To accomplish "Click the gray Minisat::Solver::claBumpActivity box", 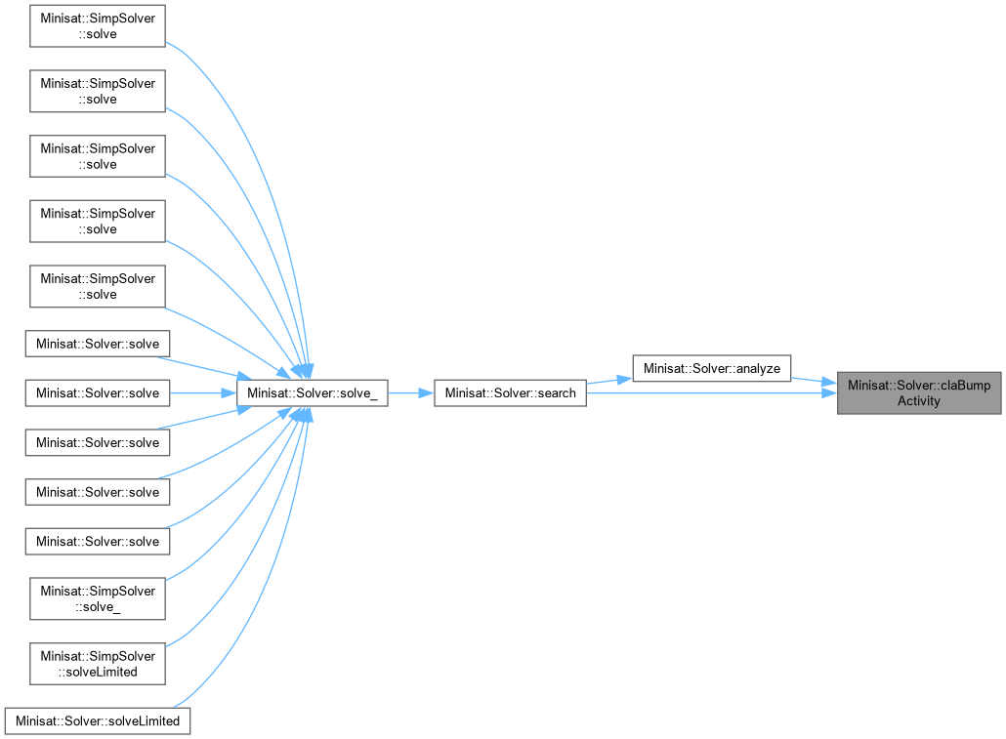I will (x=918, y=392).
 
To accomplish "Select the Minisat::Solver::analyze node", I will (x=711, y=368).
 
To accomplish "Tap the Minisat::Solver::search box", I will (x=510, y=392).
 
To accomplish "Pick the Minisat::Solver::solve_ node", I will (x=312, y=392).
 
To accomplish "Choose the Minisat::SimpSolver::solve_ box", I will (x=98, y=598).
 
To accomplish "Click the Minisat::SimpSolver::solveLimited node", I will (x=98, y=664).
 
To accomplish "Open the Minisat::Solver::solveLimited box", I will (x=98, y=721).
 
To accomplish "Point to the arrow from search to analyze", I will (x=608, y=381).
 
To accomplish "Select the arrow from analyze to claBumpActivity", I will (x=813, y=380).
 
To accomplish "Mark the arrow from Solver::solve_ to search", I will (x=410, y=393).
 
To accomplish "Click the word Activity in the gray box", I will (x=918, y=400).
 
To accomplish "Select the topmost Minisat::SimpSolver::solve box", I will (x=98, y=26).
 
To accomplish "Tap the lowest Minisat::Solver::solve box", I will (x=98, y=541).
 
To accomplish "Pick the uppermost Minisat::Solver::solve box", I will (x=98, y=344).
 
